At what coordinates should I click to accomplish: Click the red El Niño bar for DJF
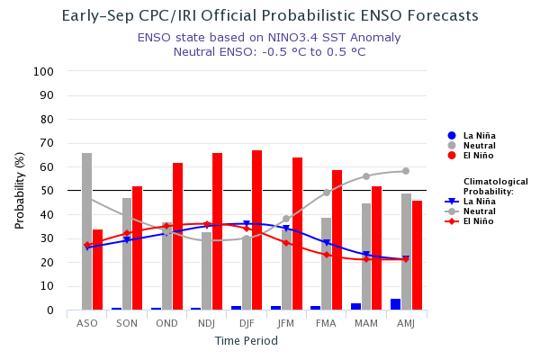pos(257,230)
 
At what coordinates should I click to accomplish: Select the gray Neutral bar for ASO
pos(87,231)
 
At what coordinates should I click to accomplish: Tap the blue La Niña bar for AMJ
pos(396,304)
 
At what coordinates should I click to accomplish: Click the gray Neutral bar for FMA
pos(327,264)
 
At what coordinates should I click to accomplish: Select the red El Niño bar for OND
pos(178,237)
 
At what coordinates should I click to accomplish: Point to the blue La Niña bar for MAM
pos(356,306)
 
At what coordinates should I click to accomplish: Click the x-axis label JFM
pos(286,323)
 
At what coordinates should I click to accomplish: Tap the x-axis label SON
pos(127,323)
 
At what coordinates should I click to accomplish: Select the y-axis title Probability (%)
pos(20,190)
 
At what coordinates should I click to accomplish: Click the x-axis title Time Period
pos(246,341)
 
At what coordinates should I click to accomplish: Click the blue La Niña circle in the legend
pos(452,136)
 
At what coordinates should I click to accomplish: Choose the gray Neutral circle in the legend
pos(452,146)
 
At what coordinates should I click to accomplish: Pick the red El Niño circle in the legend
pos(452,156)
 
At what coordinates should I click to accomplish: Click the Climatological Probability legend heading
pos(495,186)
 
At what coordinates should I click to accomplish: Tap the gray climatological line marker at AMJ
pos(406,171)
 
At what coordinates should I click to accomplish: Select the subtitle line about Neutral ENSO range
pos(269,52)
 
